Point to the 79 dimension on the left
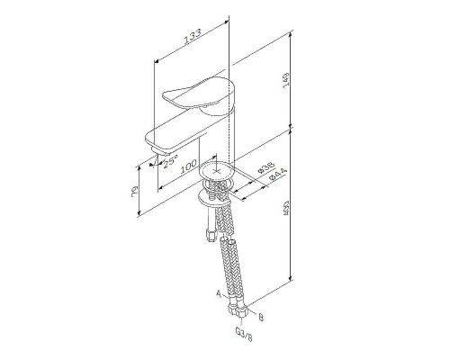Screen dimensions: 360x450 click(131, 191)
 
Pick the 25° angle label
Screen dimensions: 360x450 click(168, 158)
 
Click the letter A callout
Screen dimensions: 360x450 click(217, 294)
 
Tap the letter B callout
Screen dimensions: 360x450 click(261, 317)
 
